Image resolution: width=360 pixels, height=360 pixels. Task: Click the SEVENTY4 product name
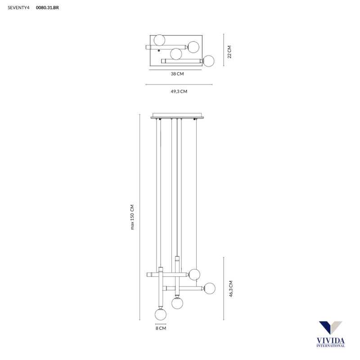pyautogui.click(x=18, y=8)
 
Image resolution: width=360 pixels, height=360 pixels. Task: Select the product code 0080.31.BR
pyautogui.click(x=47, y=8)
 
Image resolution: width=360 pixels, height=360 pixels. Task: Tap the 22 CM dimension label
pyautogui.click(x=229, y=52)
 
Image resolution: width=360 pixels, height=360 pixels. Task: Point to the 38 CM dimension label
pyautogui.click(x=177, y=74)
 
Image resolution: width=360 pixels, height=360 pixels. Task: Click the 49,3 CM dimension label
pyautogui.click(x=179, y=91)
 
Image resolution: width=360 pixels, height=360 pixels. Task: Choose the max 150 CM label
pyautogui.click(x=132, y=217)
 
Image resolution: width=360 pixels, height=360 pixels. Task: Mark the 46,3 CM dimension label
pyautogui.click(x=231, y=288)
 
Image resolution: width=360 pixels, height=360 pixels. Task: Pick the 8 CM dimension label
pyautogui.click(x=161, y=328)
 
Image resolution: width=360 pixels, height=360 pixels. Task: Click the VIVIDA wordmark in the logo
pyautogui.click(x=331, y=341)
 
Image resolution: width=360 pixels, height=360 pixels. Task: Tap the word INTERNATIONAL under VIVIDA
pyautogui.click(x=331, y=346)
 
